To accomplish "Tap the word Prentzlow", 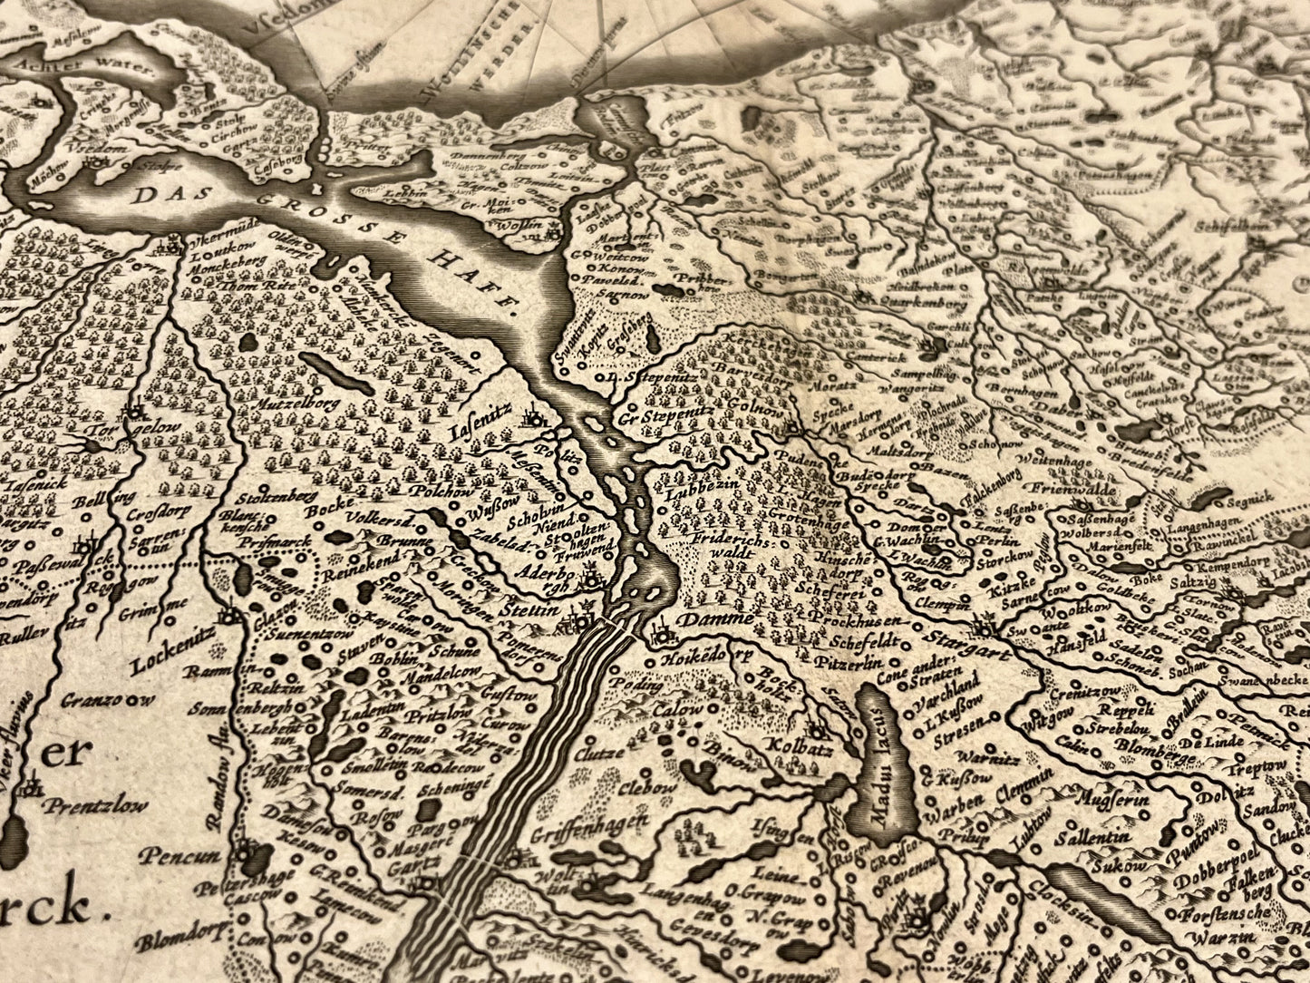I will tap(97, 806).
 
